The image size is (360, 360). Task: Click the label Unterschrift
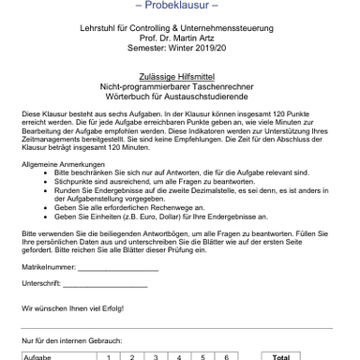click(40, 284)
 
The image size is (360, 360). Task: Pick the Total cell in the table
click(279, 356)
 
